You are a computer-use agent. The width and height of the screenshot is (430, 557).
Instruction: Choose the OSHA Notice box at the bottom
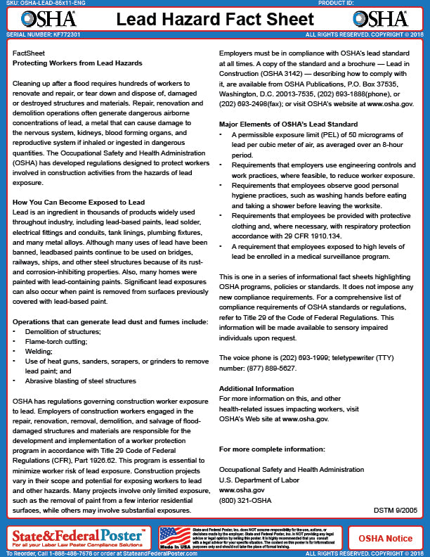click(386, 538)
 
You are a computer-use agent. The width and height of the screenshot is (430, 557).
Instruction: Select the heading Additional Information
click(256, 389)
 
